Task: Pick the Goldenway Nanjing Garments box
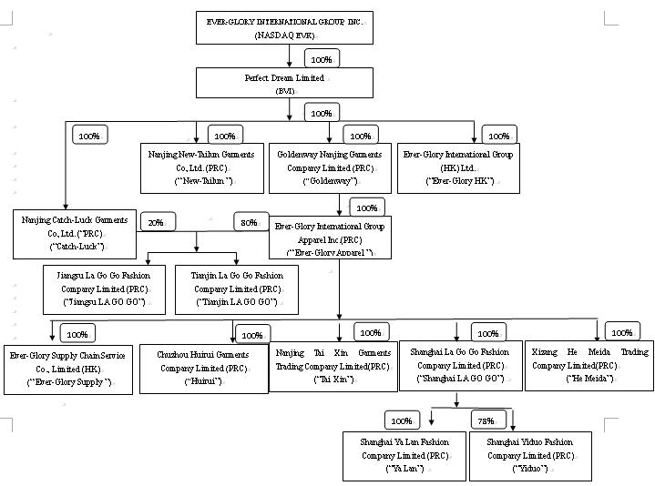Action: (330, 167)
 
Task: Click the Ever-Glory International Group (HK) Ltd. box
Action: (458, 167)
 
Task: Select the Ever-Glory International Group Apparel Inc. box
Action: (329, 238)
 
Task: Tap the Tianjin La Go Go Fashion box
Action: (237, 289)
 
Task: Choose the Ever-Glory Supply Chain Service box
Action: (69, 368)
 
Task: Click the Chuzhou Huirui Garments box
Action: (203, 369)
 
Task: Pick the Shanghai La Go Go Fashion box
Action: (460, 365)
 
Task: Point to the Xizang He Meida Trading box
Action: (589, 365)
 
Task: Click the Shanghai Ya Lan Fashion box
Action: (404, 455)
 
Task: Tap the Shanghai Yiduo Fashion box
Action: (530, 455)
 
